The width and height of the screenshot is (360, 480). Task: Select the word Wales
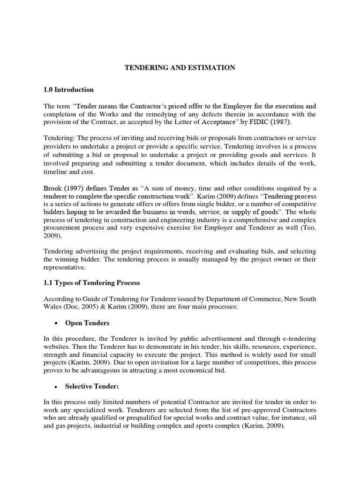tap(53, 307)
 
